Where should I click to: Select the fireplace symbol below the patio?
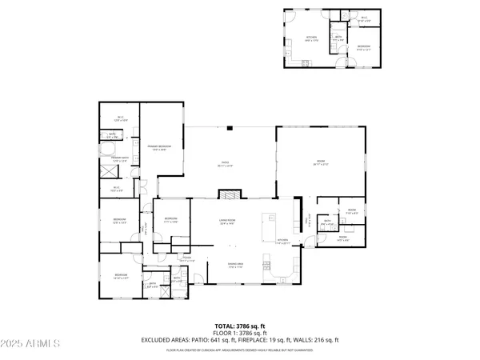coord(230,195)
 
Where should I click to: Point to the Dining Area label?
coord(235,266)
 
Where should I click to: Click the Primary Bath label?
coord(120,159)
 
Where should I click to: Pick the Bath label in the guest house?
coord(338,36)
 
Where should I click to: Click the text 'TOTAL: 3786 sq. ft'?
coord(240,326)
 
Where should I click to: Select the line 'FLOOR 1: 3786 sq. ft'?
coord(240,333)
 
